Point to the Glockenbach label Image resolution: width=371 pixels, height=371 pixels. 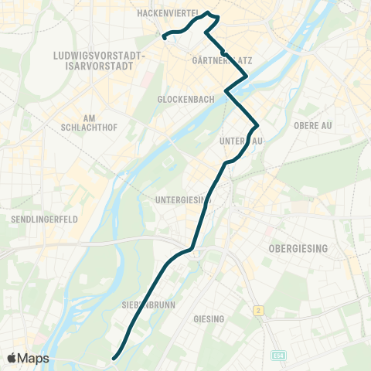point(179,100)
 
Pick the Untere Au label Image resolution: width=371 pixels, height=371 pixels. point(242,140)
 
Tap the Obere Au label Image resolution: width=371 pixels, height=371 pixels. point(312,124)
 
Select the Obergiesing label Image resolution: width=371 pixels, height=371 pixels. point(298,248)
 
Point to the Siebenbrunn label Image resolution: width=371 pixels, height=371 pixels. point(149,305)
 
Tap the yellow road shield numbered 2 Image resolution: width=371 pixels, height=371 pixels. point(257,310)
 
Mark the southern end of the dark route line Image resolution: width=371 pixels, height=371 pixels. point(114,358)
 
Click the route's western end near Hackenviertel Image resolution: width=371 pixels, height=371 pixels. point(165,36)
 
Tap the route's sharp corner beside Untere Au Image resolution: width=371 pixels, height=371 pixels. point(257,125)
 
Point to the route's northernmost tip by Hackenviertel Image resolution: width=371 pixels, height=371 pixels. point(209,12)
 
